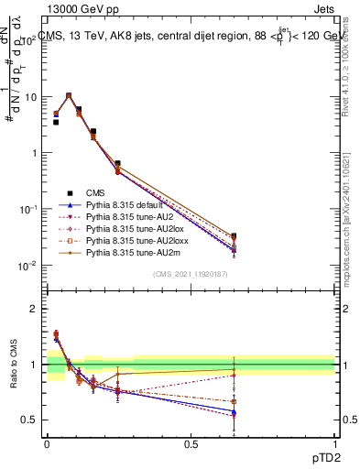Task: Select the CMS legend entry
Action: click(x=96, y=192)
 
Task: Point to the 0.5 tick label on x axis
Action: click(x=191, y=443)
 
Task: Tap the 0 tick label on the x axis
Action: click(x=47, y=443)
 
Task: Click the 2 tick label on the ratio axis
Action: click(x=33, y=309)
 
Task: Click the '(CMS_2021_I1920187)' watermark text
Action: click(x=191, y=274)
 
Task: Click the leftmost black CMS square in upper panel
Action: click(x=56, y=121)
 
